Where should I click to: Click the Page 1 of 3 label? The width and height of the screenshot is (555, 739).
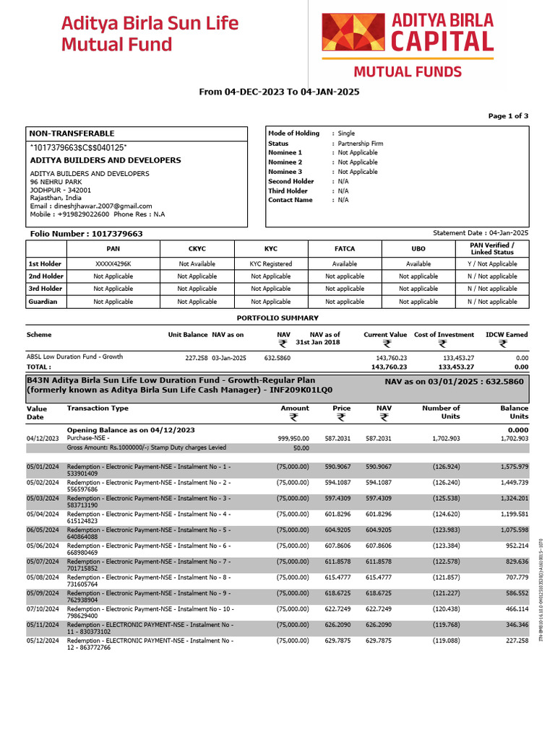point(508,115)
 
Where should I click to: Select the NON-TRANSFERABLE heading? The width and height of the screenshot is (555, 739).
point(72,134)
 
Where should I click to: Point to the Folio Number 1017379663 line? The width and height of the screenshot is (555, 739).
point(86,234)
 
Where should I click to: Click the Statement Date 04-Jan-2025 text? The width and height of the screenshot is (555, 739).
point(481,233)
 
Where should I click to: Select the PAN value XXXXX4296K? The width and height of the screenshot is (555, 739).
point(113,264)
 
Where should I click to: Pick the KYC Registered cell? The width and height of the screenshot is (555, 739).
point(271,264)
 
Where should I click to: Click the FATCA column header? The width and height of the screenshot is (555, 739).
point(345,248)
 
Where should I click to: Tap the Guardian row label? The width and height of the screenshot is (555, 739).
point(43,302)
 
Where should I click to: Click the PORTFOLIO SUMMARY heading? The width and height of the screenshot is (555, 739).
point(277,318)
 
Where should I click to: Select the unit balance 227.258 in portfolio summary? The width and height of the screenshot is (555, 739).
point(197,357)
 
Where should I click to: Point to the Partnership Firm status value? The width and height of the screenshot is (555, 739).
point(361,144)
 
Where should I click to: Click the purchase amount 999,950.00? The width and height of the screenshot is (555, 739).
point(293,438)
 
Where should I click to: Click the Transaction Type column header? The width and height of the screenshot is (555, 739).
point(98,408)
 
